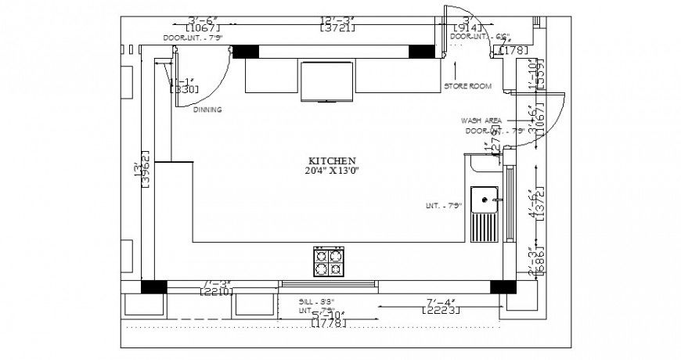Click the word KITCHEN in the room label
(x=332, y=160)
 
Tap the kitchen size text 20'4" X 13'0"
(x=332, y=170)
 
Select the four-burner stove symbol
(x=329, y=261)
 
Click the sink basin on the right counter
(x=485, y=200)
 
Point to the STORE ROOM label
(x=467, y=86)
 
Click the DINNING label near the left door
(x=207, y=110)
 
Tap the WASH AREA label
(x=481, y=121)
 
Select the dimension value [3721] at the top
(x=337, y=28)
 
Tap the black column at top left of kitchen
(x=245, y=51)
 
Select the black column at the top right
(x=422, y=51)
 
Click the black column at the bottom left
(x=153, y=286)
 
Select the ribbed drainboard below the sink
(x=485, y=229)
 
